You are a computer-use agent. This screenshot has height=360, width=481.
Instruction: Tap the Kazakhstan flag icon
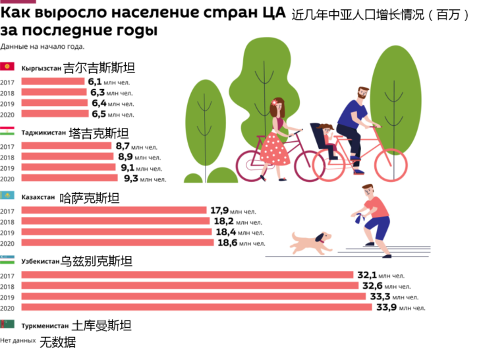8,196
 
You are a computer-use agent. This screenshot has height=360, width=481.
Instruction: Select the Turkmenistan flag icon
8,325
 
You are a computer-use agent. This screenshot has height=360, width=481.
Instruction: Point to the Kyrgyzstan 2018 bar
53,93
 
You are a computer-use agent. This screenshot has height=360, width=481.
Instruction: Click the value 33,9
386,307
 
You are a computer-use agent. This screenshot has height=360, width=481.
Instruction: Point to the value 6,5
96,114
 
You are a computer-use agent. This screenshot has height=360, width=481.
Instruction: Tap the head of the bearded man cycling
363,94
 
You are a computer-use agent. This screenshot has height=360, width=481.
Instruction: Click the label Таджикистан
43,132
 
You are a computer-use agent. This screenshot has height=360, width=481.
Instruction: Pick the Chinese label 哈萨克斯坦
89,196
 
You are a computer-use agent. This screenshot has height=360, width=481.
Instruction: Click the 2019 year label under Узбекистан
7,297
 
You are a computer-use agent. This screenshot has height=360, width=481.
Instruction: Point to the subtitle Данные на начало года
42,46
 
